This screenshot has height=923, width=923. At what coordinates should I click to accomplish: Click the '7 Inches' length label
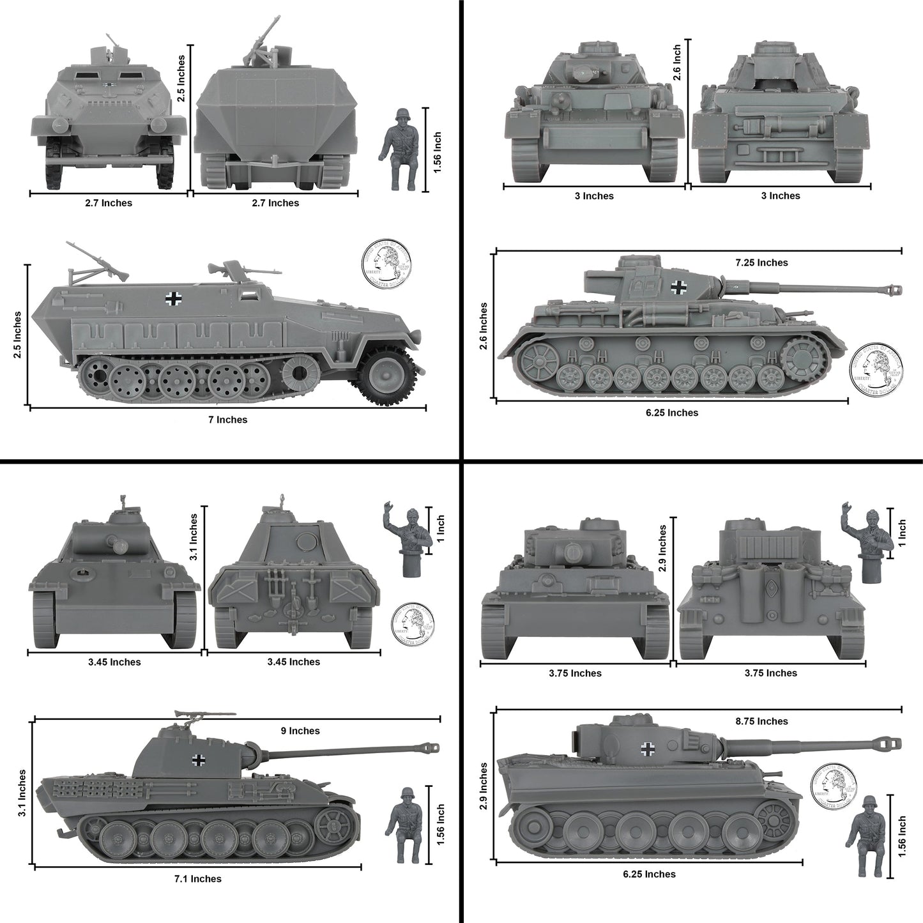pyautogui.click(x=227, y=420)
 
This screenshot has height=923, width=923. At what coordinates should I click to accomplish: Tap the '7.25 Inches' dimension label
pyautogui.click(x=761, y=263)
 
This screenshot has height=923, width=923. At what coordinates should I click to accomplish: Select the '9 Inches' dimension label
pyautogui.click(x=300, y=731)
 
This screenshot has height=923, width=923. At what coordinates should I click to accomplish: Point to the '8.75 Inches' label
pyautogui.click(x=761, y=721)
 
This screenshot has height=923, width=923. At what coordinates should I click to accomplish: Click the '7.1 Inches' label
pyautogui.click(x=198, y=879)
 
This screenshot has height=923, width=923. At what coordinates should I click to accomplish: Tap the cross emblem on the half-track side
pyautogui.click(x=173, y=298)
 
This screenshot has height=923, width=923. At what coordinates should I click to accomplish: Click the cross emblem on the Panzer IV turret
pyautogui.click(x=678, y=288)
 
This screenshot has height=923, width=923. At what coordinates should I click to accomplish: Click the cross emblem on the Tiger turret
pyautogui.click(x=648, y=748)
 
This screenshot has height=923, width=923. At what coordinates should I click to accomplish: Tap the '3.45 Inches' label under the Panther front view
pyautogui.click(x=114, y=662)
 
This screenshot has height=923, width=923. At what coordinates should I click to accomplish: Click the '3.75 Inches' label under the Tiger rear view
pyautogui.click(x=772, y=673)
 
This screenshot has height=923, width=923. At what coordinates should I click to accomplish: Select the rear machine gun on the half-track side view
pyautogui.click(x=96, y=261)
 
